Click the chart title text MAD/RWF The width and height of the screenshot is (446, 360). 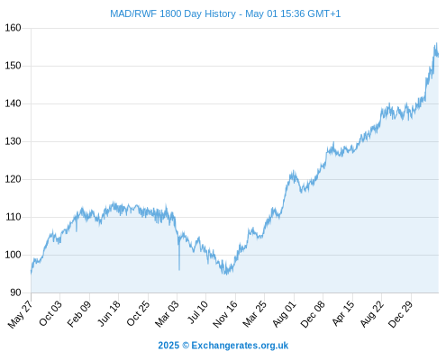click(133, 13)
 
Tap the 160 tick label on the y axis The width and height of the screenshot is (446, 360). click(13, 28)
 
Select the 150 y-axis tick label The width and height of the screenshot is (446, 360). click(13, 66)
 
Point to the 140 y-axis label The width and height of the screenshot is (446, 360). click(13, 103)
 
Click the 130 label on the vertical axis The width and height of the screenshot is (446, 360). click(13, 141)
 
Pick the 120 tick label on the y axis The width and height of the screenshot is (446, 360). click(13, 179)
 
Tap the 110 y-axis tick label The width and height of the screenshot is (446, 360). click(13, 217)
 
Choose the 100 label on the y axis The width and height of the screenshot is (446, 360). click(13, 255)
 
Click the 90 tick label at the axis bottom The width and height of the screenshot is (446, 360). click(15, 292)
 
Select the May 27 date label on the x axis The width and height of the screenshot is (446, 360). click(20, 314)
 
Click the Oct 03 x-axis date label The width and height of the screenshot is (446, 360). click(50, 313)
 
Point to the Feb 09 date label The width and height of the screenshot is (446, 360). click(78, 314)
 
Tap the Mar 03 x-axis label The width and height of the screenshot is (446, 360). click(167, 313)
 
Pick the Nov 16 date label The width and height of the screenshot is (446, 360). click(225, 314)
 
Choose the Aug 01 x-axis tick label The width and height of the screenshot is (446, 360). click(284, 314)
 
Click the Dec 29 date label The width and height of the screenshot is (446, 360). click(401, 314)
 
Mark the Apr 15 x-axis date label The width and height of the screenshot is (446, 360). click(342, 313)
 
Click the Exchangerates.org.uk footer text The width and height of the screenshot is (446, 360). click(240, 346)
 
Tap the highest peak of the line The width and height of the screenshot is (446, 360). click(436, 43)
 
